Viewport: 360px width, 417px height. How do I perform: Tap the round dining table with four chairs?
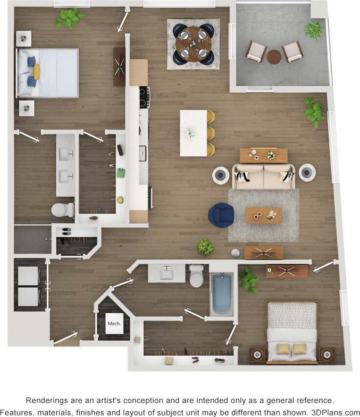coord(193,45)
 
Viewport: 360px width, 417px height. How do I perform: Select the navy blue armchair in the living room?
coord(221,215)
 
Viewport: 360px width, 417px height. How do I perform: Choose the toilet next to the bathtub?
coord(196,277)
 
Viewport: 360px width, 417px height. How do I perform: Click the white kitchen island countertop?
coord(193,133)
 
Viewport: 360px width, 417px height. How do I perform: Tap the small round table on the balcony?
coord(274,56)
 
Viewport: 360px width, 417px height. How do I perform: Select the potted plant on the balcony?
coord(313,29)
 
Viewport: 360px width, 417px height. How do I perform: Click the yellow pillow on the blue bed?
coord(36,72)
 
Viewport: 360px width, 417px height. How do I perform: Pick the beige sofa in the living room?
coord(264,177)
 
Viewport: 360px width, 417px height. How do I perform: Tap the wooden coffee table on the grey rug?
coord(264,215)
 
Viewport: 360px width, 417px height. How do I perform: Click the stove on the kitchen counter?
coord(144,97)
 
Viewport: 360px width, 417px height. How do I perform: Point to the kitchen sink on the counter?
coord(142,153)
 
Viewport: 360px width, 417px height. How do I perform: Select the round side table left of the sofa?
coord(221,174)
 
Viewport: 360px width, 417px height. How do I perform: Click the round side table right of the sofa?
coord(307,172)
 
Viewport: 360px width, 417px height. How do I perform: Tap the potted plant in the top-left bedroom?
coord(69,18)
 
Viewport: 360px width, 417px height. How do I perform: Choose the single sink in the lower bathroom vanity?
coord(166,272)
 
